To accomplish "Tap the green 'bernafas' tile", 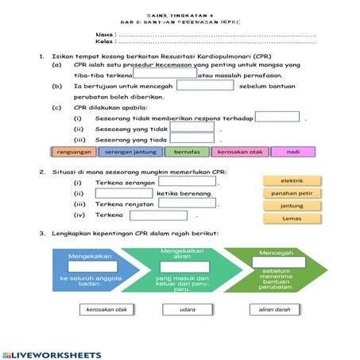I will [x=187, y=152].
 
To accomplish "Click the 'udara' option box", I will [x=188, y=309].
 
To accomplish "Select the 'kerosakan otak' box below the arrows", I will [x=106, y=309].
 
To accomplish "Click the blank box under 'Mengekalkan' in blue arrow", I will [x=92, y=268].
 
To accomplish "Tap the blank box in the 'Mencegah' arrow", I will [x=273, y=263].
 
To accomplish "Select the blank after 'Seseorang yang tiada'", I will [x=192, y=139].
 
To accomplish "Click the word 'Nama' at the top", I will [x=103, y=36].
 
